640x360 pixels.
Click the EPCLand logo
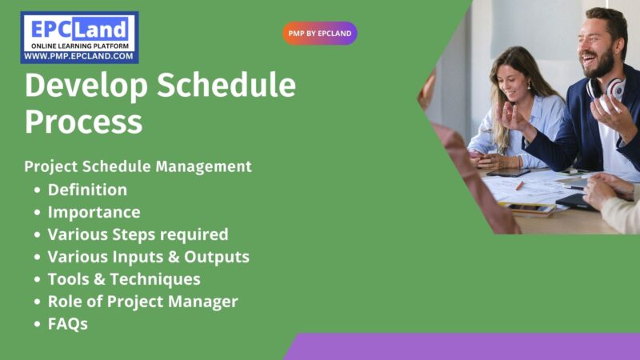[x=79, y=31]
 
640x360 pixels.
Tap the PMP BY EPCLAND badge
[x=319, y=34]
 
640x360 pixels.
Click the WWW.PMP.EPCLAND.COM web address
[x=78, y=57]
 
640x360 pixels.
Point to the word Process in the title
[x=83, y=122]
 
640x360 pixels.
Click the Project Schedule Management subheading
[x=138, y=166]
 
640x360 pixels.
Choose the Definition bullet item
[x=87, y=190]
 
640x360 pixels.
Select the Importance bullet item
[x=94, y=212]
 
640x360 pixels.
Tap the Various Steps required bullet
[x=138, y=234]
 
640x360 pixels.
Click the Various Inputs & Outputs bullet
[x=148, y=257]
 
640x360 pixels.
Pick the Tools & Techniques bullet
[x=124, y=279]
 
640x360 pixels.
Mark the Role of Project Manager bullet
[x=142, y=302]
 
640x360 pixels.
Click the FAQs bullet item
[x=67, y=324]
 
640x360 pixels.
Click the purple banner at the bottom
[x=464, y=346]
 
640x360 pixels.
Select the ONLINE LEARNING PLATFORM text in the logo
[x=78, y=46]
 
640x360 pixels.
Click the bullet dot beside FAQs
[x=38, y=325]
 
